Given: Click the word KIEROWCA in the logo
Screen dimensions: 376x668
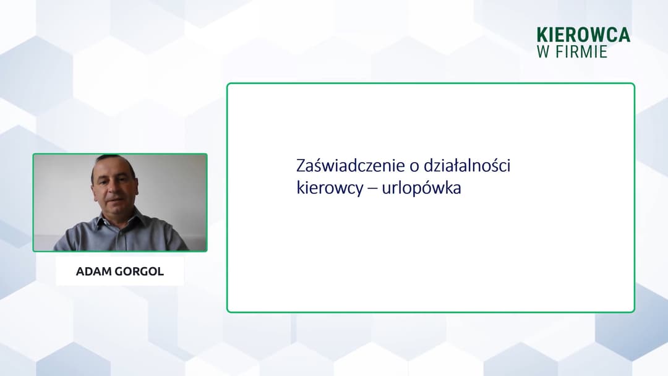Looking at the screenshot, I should point(583,35).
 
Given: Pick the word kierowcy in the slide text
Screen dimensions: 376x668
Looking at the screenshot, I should point(325,188).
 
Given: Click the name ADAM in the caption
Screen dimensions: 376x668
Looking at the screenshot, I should point(93,271).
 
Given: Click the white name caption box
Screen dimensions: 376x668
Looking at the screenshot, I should point(119,271).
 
